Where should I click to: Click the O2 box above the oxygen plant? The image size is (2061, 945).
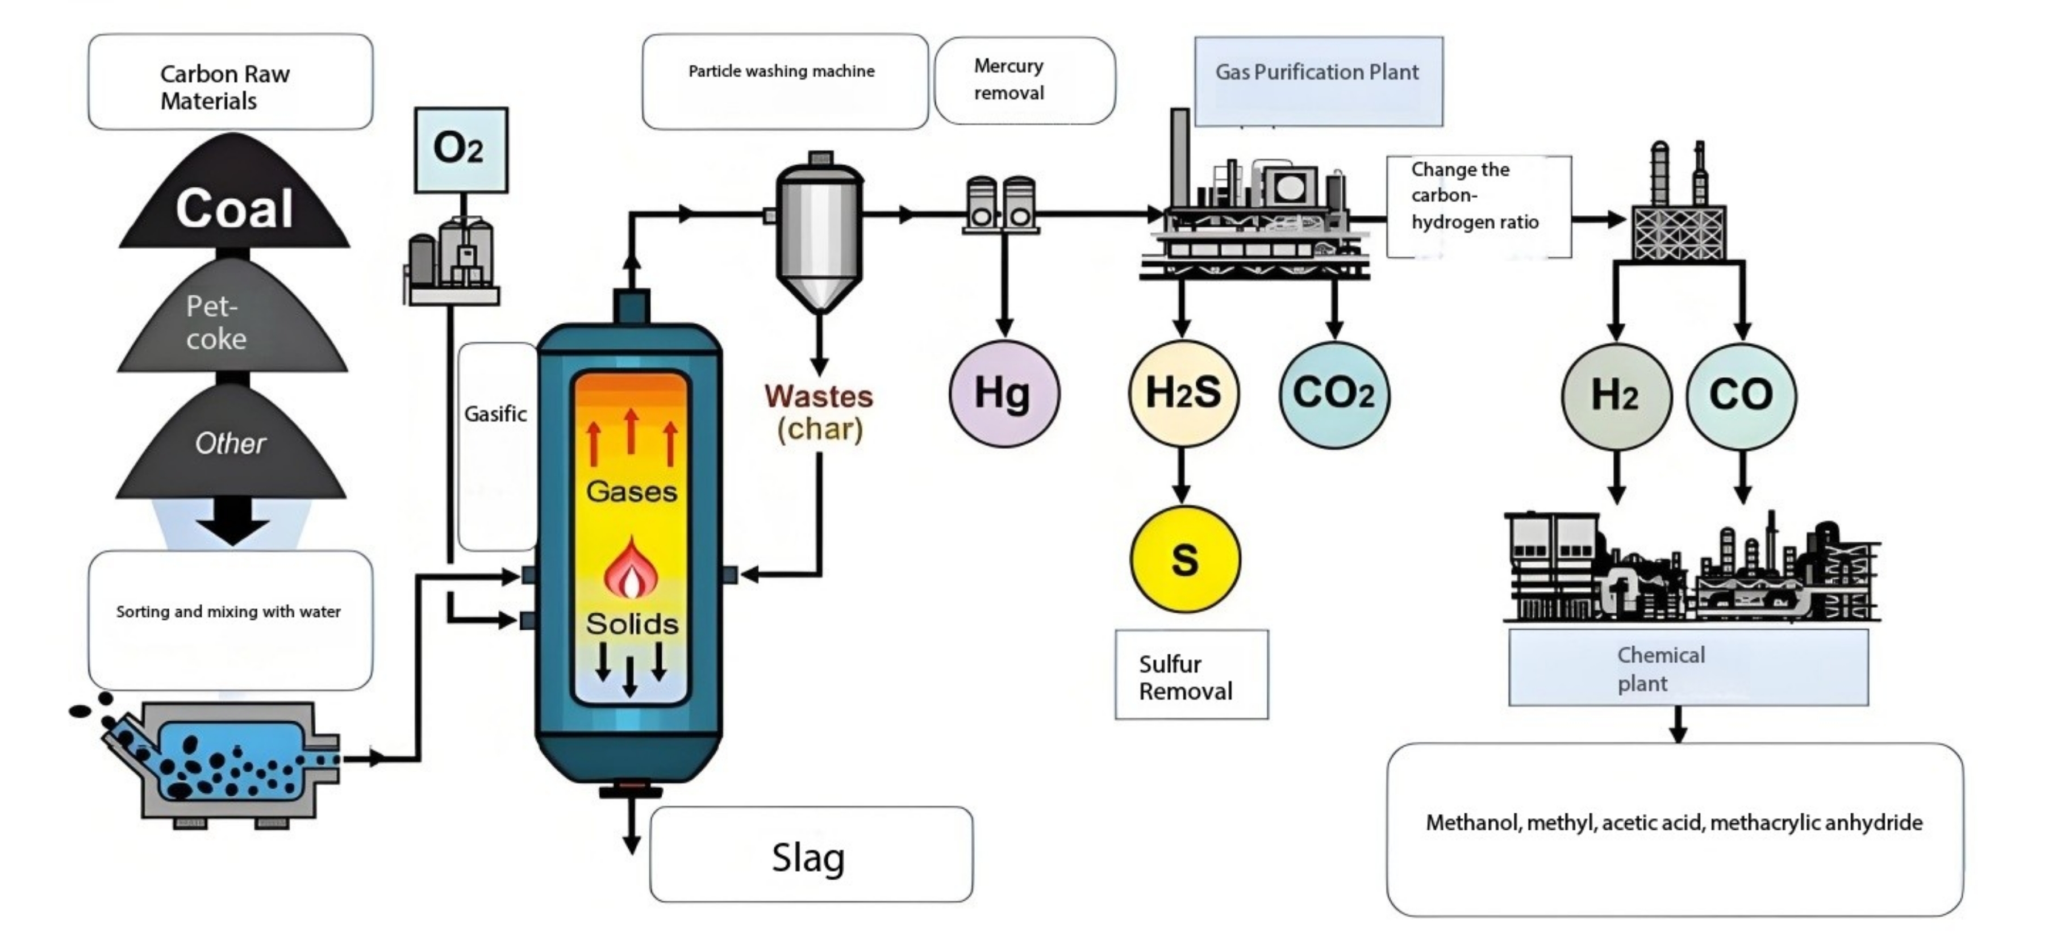pos(460,149)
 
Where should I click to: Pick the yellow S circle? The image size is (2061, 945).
pos(1184,559)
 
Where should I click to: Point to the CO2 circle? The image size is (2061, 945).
pos(1334,394)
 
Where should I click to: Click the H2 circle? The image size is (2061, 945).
pos(1616,395)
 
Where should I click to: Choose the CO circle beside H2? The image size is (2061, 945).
pos(1741,395)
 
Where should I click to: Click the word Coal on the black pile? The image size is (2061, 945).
pos(233,209)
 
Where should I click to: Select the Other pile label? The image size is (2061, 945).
pos(231,444)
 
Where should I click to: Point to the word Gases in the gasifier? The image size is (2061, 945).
pos(631,491)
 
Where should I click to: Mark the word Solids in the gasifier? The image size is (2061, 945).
pos(631,624)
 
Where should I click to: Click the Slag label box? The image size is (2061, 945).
pos(811,855)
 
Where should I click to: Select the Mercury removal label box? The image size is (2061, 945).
pos(1024,80)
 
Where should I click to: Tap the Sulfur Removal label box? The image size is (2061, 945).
pos(1191,675)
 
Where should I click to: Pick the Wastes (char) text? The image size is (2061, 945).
pos(819,413)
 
